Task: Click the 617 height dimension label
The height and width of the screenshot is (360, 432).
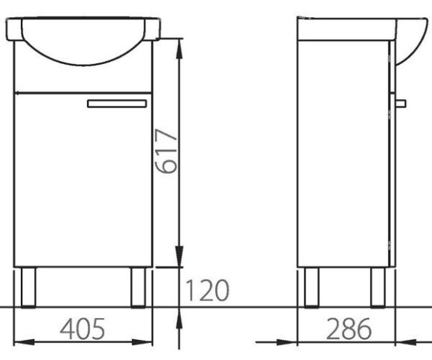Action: (166, 151)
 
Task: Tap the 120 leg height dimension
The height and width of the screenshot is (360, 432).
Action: (207, 290)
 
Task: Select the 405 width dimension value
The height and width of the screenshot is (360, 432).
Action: (83, 329)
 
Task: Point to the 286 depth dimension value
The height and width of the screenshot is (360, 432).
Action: (349, 329)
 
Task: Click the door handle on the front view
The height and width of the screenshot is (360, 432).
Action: (117, 104)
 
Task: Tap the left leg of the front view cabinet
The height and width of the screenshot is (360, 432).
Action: (28, 287)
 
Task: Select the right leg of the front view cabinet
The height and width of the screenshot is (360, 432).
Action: (139, 287)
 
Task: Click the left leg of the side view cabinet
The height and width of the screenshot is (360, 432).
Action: (311, 287)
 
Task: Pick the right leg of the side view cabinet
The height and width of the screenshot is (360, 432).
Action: (378, 287)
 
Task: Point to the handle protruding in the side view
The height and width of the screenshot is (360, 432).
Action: (400, 104)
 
